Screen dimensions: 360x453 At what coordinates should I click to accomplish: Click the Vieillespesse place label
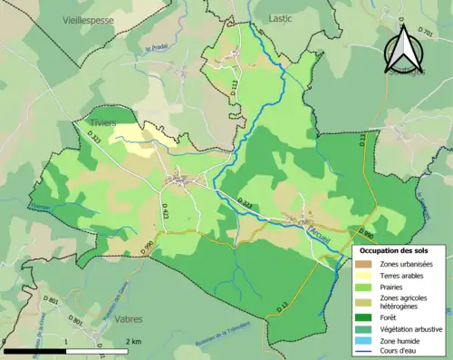89,18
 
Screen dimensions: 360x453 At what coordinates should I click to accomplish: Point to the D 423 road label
165,211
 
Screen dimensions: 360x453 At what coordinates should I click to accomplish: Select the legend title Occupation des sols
400,249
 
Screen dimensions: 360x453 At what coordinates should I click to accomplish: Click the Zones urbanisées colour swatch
366,263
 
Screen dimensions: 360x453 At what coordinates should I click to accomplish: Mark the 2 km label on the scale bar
133,341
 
